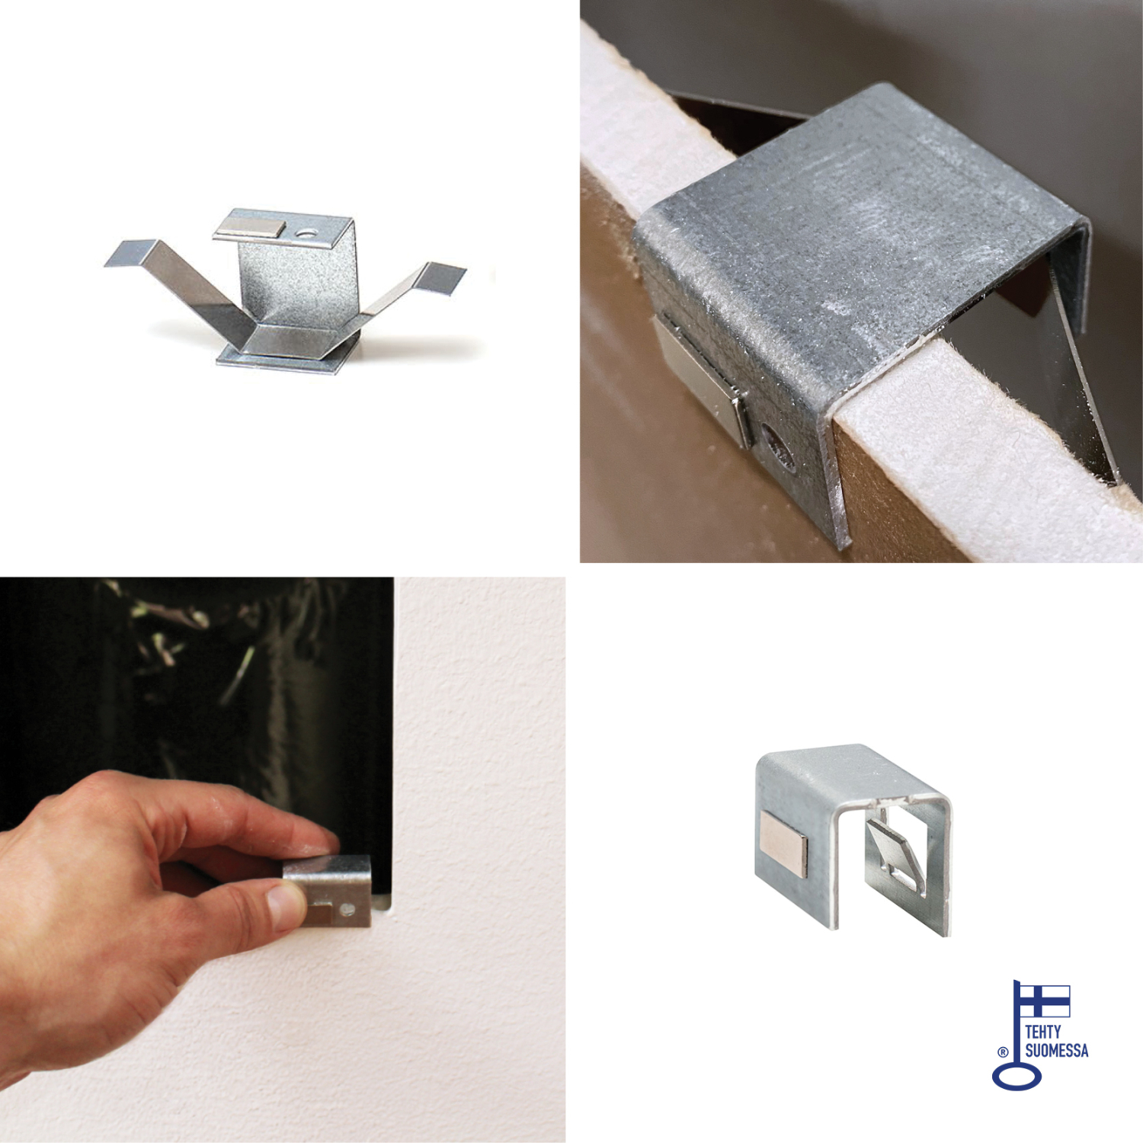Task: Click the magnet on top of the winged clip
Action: tap(251, 227)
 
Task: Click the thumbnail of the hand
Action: tap(286, 905)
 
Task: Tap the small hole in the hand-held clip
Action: tap(347, 909)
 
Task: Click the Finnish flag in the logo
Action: tap(1045, 1001)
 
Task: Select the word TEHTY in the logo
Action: tap(1042, 1032)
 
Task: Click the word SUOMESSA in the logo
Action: tap(1056, 1051)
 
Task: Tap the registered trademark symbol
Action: tap(1003, 1052)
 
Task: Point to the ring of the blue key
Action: tap(1017, 1077)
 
